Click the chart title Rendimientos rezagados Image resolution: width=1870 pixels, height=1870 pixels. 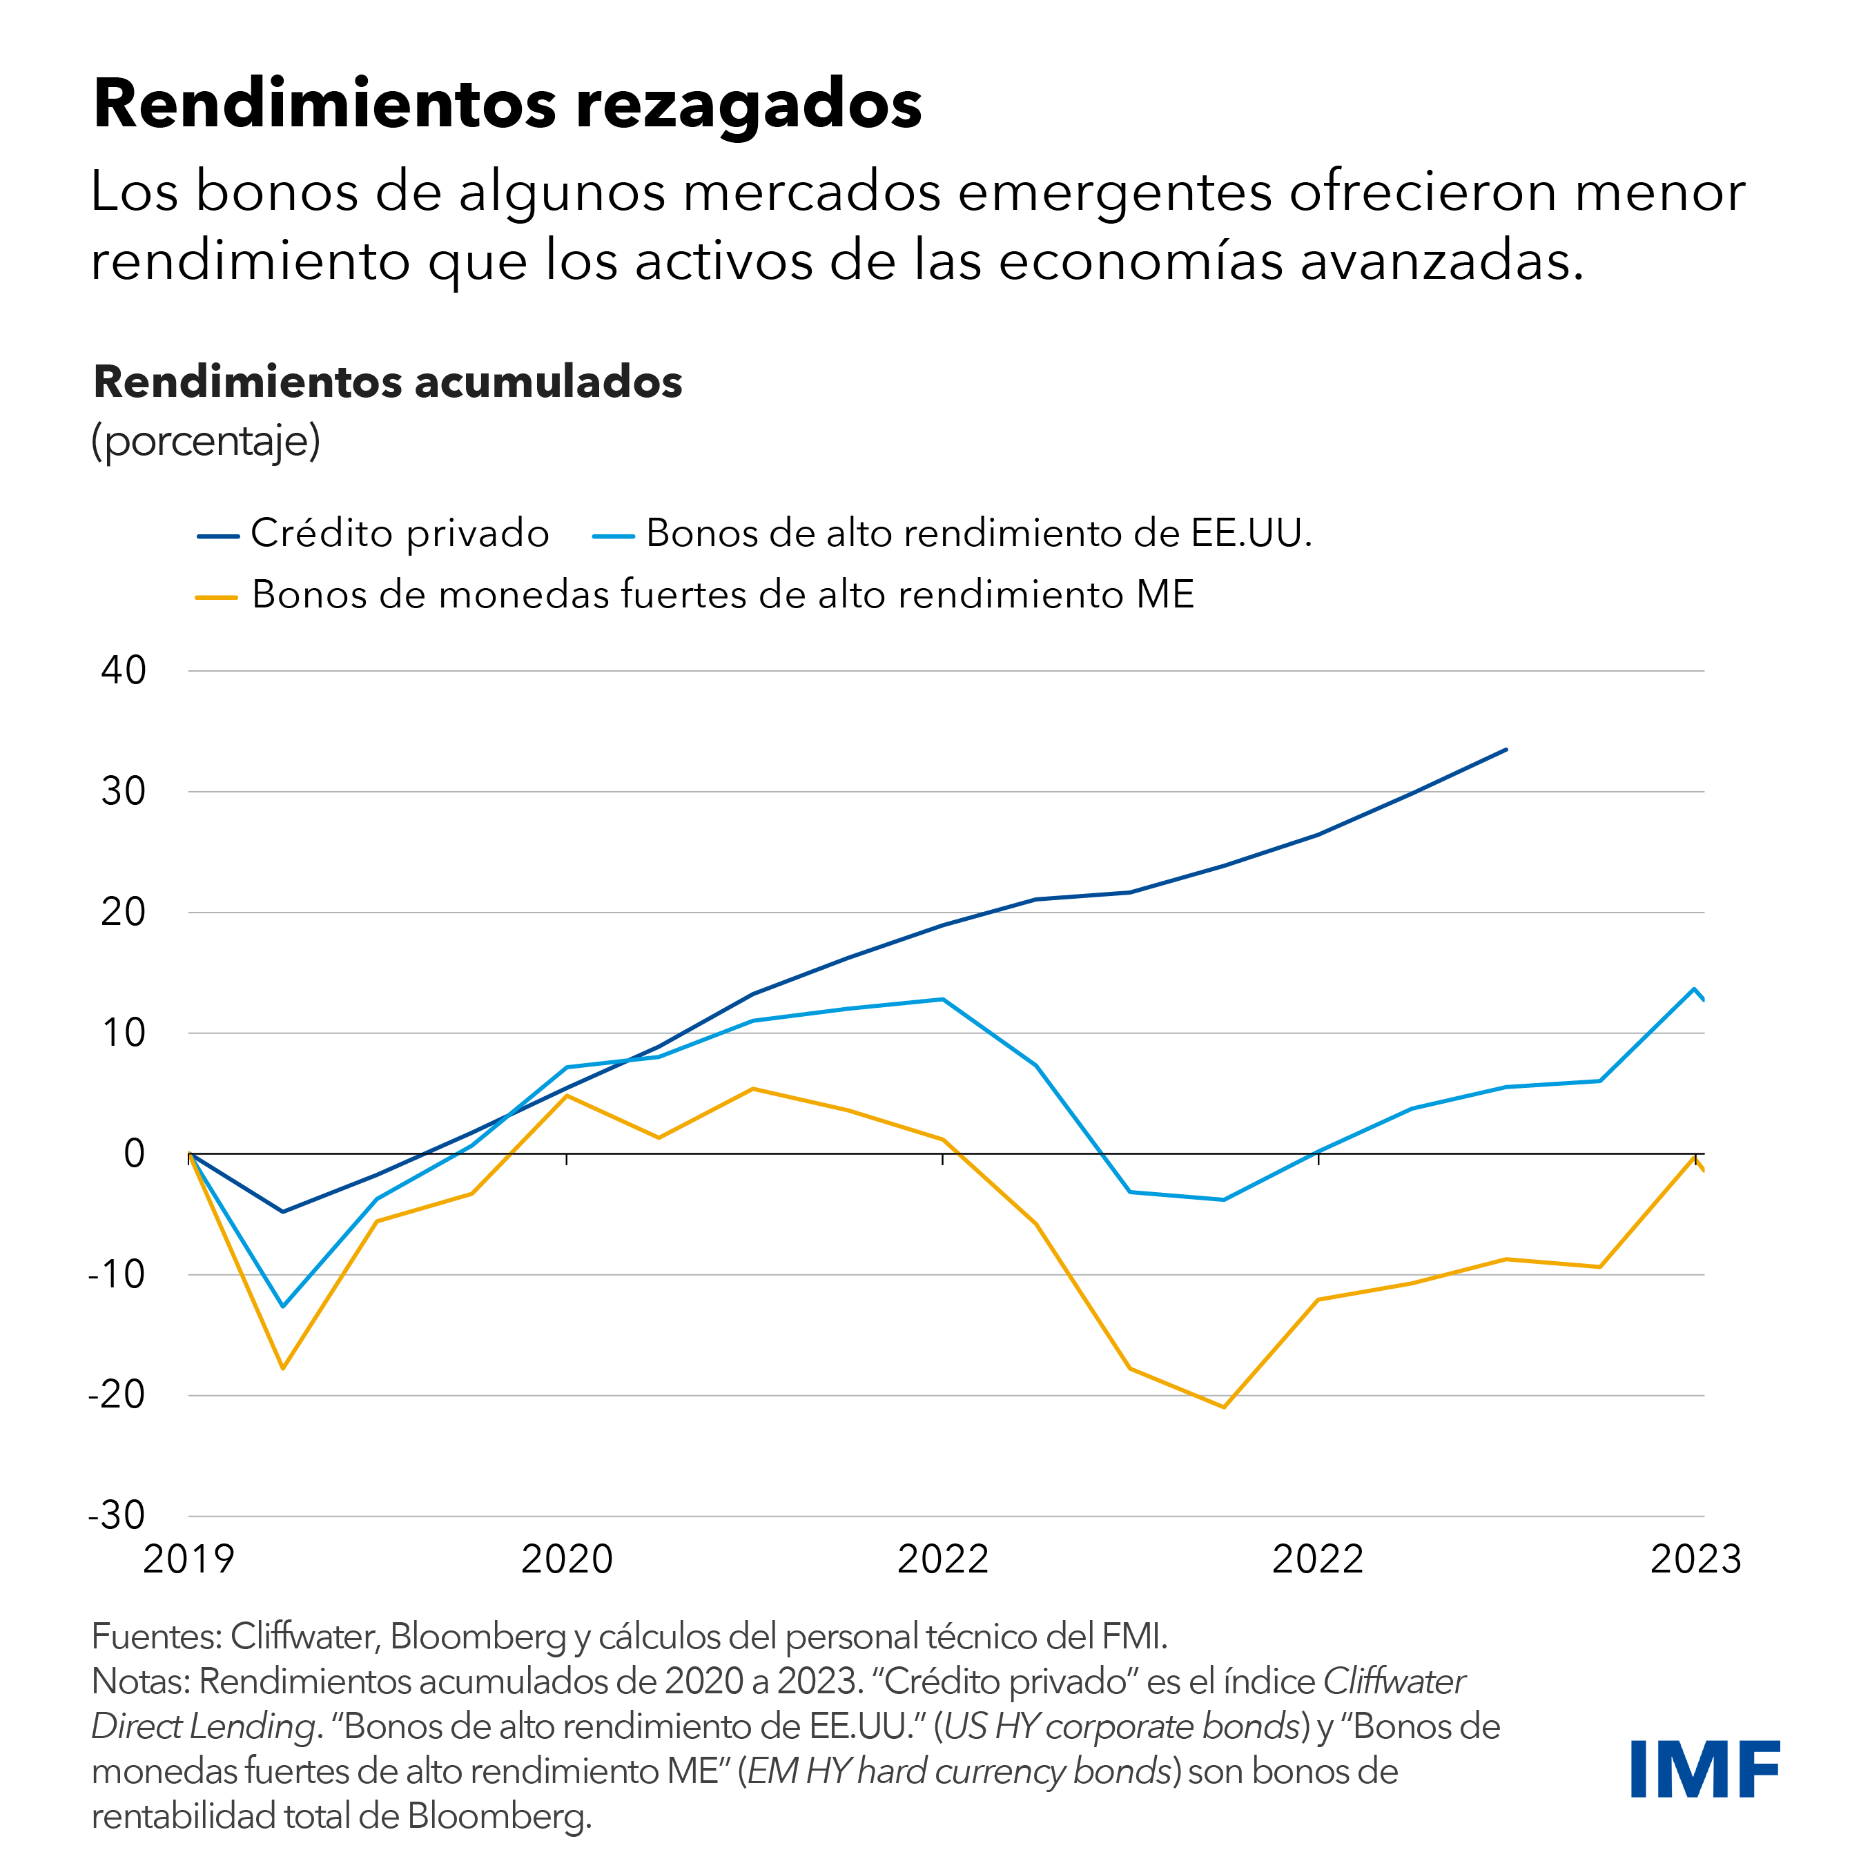[507, 104]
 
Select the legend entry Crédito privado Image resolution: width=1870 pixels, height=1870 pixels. [399, 534]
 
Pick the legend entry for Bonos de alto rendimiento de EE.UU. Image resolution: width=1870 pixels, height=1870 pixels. [977, 534]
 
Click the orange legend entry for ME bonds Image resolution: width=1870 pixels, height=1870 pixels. [722, 594]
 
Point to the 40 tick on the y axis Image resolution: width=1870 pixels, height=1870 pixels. [124, 670]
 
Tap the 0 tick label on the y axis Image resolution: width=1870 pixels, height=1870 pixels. [135, 1153]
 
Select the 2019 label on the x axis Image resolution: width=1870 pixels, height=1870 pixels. [188, 1559]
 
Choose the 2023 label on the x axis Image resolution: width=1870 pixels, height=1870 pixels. [1695, 1559]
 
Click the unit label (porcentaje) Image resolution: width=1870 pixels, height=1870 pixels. [205, 440]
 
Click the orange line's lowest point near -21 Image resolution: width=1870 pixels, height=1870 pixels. [1225, 1406]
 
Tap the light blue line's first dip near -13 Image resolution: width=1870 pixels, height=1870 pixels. [282, 1306]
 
